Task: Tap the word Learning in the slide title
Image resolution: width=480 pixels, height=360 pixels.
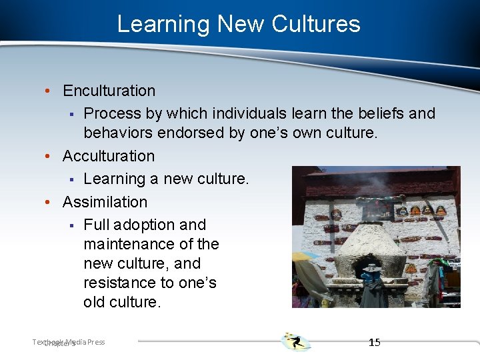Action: [x=163, y=24]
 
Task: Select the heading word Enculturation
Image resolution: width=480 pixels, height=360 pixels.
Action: [x=109, y=91]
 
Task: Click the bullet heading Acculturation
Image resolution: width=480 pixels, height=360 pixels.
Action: [x=109, y=156]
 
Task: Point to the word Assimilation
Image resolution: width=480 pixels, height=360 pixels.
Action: [x=105, y=201]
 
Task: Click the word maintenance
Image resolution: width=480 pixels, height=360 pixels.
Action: [x=136, y=244]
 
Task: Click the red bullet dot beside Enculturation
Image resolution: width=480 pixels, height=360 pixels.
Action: [x=54, y=91]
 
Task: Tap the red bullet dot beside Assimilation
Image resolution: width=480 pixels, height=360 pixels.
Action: [x=54, y=202]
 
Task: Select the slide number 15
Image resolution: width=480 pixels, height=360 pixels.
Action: [x=375, y=342]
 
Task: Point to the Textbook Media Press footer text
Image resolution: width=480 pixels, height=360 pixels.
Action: [x=69, y=342]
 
